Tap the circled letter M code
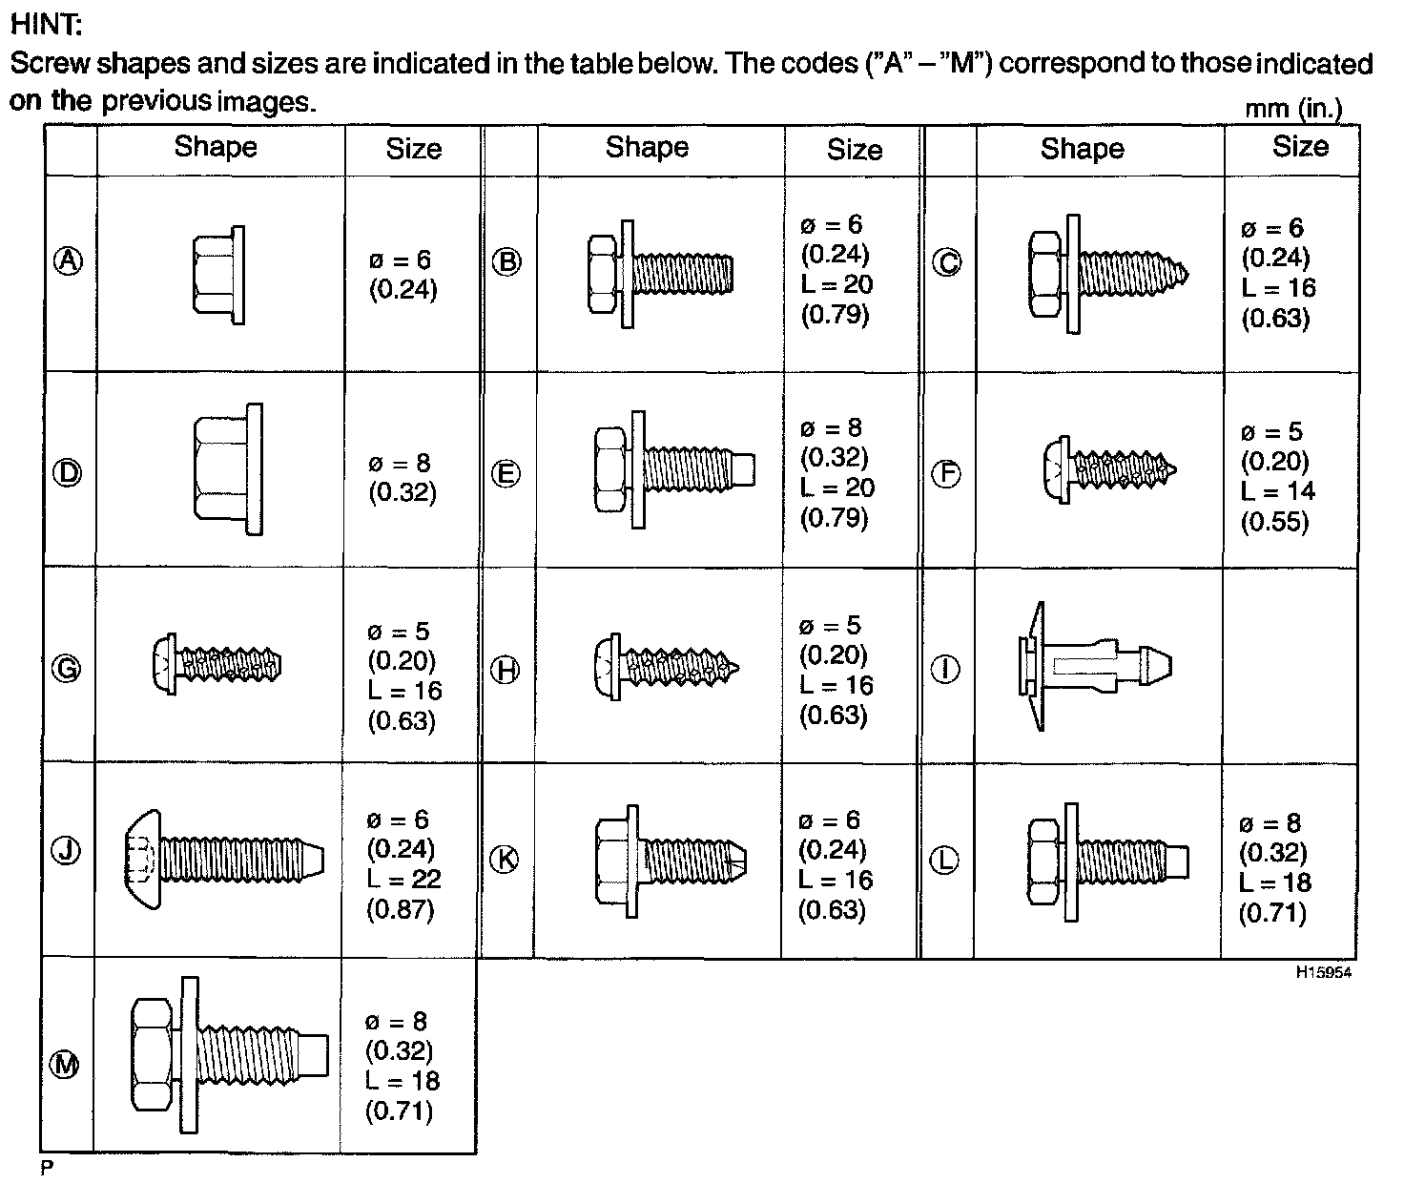coord(65,1065)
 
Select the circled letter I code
coord(945,669)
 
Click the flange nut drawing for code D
coord(227,468)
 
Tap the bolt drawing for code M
coord(229,1053)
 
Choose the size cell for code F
coord(1277,476)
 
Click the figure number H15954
coord(1323,973)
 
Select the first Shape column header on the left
coord(216,147)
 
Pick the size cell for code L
coord(1274,868)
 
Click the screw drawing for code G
coord(217,660)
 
